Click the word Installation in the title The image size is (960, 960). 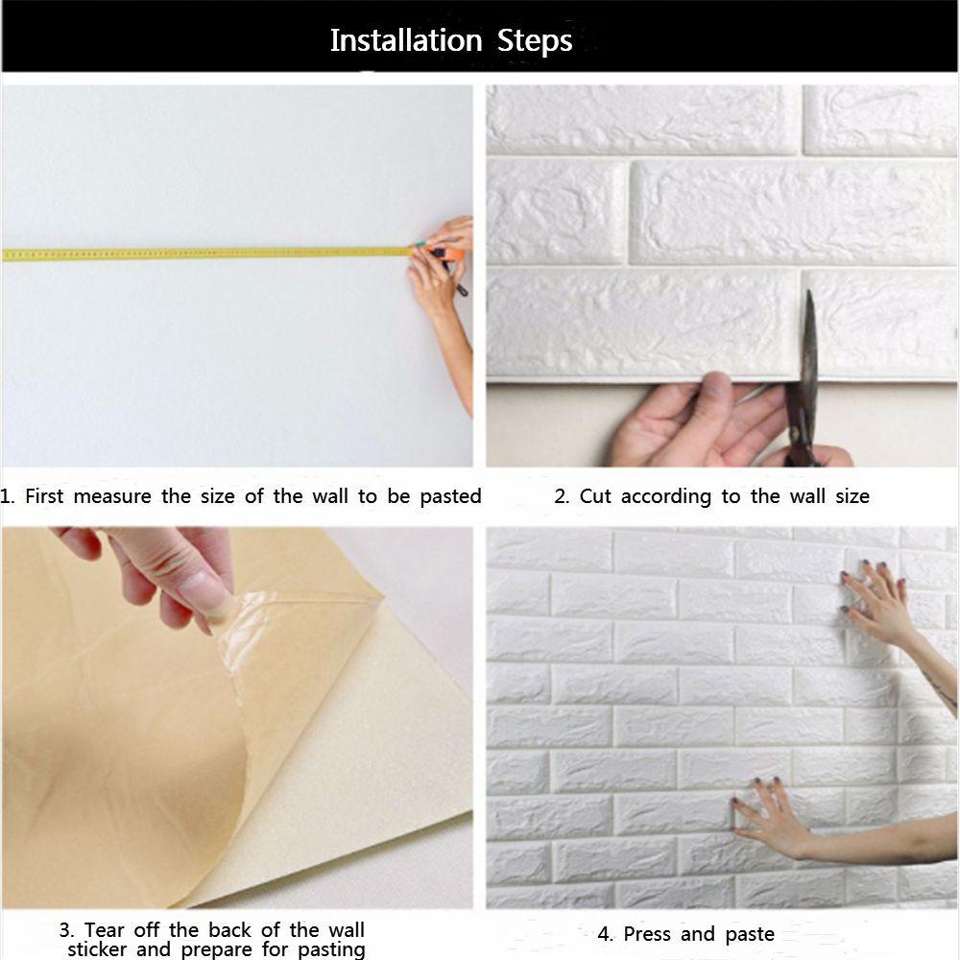click(x=406, y=40)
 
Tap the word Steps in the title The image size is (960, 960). click(x=535, y=41)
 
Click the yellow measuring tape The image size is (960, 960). click(x=208, y=253)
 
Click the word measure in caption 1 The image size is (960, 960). click(x=112, y=496)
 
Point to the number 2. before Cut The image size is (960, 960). click(x=562, y=496)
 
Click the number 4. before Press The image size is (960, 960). click(x=606, y=934)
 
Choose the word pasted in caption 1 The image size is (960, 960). click(x=450, y=496)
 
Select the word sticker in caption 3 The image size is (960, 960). click(x=97, y=949)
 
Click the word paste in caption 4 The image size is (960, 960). click(x=750, y=935)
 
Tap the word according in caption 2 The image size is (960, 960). click(x=666, y=496)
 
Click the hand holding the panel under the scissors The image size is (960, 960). click(x=698, y=422)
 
